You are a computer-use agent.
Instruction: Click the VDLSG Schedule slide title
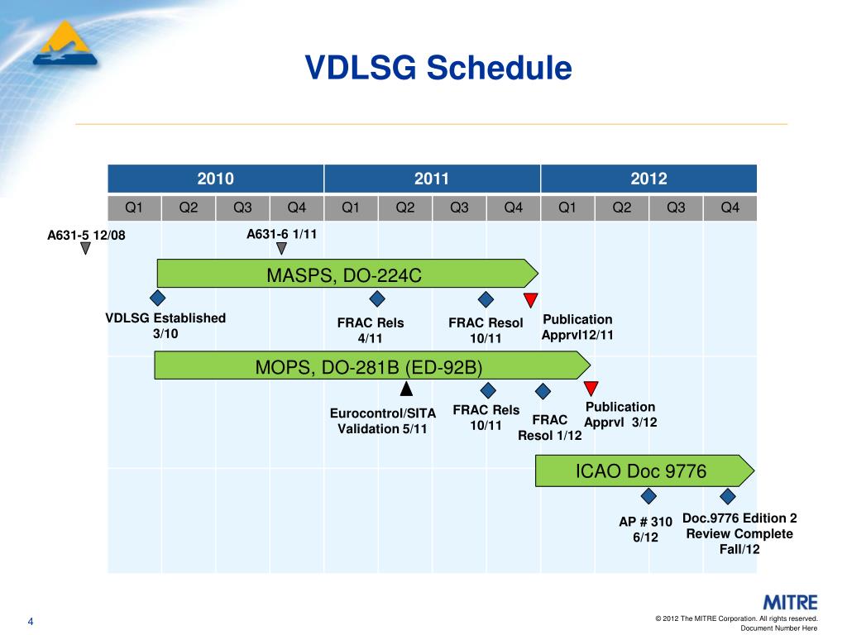(x=438, y=68)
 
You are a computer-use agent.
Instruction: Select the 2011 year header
(x=432, y=179)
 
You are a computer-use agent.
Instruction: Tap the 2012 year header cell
(x=648, y=179)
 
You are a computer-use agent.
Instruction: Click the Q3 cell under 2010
(x=242, y=208)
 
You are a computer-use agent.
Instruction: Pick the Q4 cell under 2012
(x=730, y=208)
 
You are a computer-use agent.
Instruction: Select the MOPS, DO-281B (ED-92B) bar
(x=372, y=365)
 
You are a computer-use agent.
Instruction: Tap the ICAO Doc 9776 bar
(x=644, y=470)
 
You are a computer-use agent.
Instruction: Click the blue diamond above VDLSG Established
(x=158, y=298)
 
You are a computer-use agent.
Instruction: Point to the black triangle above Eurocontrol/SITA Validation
(x=406, y=389)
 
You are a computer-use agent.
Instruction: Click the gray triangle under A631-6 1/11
(x=281, y=248)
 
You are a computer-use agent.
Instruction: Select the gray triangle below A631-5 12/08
(x=85, y=248)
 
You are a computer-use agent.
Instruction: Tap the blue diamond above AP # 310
(x=648, y=496)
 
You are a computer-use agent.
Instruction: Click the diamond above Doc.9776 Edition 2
(x=728, y=496)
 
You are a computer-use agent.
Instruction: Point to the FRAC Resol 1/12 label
(x=550, y=427)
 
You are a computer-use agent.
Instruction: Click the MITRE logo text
(x=790, y=603)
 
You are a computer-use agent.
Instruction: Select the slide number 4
(x=31, y=622)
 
